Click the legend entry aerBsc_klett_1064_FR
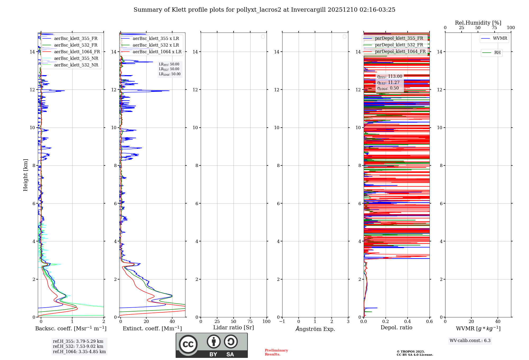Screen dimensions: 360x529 point(77,52)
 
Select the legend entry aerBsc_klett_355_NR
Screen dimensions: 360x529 point(76,58)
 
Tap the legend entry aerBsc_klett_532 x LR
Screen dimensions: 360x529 point(156,45)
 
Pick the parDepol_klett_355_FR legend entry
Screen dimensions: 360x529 point(399,38)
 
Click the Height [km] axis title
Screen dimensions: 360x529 point(25,175)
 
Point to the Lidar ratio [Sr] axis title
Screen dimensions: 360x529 point(234,328)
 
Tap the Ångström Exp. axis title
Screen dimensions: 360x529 point(315,329)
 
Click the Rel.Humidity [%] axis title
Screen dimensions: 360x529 point(478,23)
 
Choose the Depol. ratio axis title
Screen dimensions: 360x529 point(396,328)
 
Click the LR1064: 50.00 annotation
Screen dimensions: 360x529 point(170,74)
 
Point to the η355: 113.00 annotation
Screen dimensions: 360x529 point(390,76)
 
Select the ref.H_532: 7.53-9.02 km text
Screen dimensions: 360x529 point(78,346)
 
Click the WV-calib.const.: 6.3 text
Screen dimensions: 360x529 point(470,341)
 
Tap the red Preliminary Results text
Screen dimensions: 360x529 point(276,352)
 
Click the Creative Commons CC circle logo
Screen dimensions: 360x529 point(188,344)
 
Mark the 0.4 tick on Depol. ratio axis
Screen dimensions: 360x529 point(408,322)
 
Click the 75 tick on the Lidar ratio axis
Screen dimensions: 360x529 point(250,322)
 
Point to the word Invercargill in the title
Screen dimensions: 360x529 point(308,10)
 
